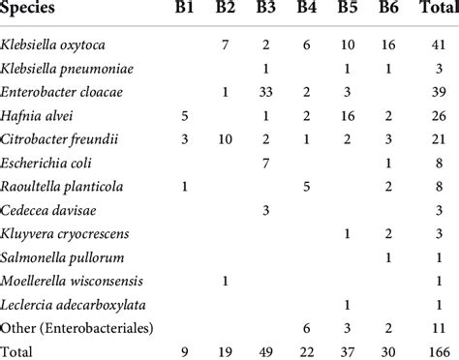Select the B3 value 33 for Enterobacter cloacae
265,95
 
